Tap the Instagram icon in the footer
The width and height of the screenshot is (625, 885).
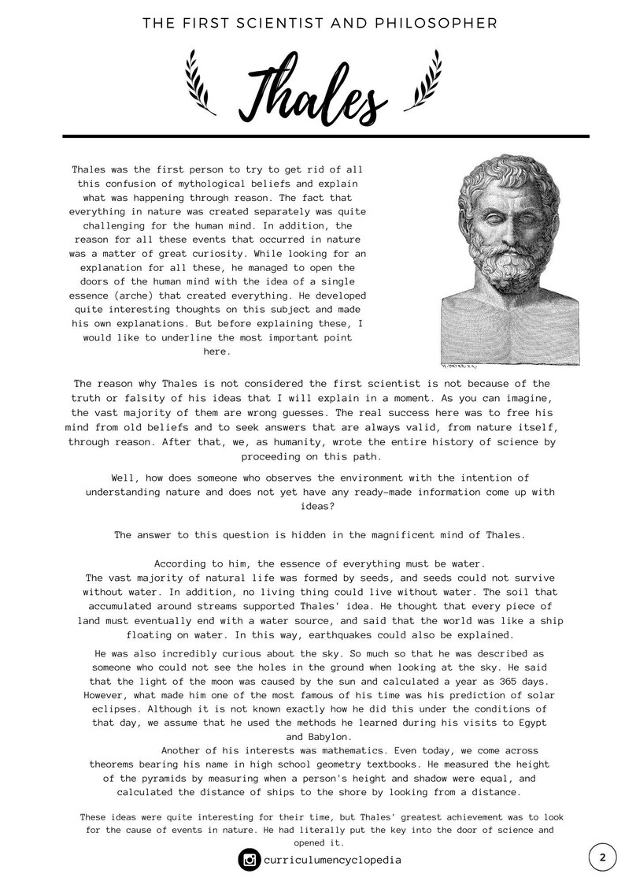click(249, 860)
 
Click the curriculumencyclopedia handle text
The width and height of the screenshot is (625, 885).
click(333, 860)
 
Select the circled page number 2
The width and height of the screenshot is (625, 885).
click(602, 857)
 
